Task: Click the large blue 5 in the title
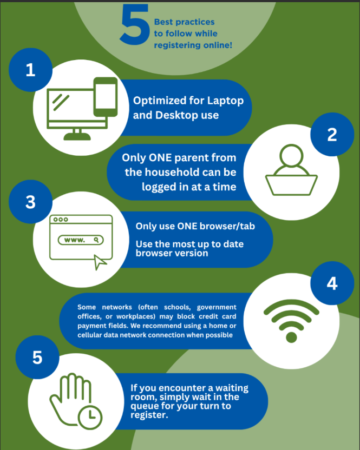tap(135, 25)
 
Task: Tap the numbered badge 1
tap(30, 70)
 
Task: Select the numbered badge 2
tap(332, 134)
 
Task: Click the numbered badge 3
tap(30, 202)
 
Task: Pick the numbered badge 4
tap(332, 283)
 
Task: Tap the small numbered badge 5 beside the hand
tap(37, 358)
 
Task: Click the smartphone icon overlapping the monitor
tap(106, 97)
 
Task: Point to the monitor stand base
tap(77, 136)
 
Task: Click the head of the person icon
tap(291, 156)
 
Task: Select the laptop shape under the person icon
tap(291, 185)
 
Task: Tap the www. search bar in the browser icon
tap(81, 240)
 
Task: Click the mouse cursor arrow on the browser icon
tap(100, 262)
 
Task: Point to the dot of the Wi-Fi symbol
tap(291, 337)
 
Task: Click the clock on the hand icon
tap(90, 417)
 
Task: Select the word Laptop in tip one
tap(226, 101)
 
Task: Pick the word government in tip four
tap(217, 307)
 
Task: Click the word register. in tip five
tap(149, 415)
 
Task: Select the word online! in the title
tap(218, 45)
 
